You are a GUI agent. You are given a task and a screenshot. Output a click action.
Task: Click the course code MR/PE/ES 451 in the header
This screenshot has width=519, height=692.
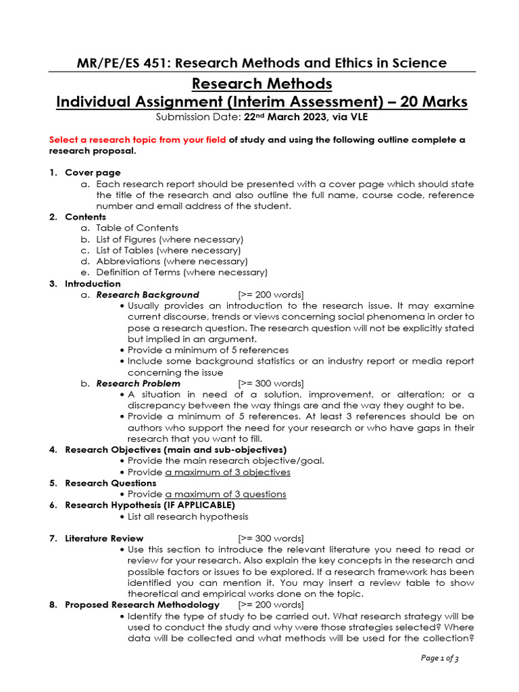[x=116, y=63]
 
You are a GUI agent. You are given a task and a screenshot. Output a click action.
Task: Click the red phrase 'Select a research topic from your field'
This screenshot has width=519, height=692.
[x=137, y=139]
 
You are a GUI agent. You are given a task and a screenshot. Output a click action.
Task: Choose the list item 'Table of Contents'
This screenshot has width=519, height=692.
[x=137, y=228]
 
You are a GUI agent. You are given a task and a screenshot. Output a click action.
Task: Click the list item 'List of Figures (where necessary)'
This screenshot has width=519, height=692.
[x=170, y=239]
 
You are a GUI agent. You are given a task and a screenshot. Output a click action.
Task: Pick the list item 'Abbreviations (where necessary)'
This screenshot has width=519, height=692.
[x=172, y=261]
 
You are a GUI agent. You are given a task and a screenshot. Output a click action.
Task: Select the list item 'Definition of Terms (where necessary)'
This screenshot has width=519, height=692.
[x=182, y=272]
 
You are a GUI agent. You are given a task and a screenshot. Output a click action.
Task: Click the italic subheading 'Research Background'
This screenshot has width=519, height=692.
[x=147, y=295]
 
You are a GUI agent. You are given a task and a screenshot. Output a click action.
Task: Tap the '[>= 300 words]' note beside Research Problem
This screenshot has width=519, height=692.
[x=271, y=383]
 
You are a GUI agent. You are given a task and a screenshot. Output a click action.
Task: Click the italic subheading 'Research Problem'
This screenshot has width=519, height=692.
[x=138, y=383]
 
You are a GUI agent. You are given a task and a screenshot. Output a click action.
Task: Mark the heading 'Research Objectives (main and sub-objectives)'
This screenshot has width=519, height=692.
[x=176, y=449]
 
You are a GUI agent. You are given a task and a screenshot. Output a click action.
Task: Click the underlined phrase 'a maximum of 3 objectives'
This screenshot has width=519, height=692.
[x=228, y=472]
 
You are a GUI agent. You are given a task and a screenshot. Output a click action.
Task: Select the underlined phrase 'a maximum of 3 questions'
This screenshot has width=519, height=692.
[x=226, y=494]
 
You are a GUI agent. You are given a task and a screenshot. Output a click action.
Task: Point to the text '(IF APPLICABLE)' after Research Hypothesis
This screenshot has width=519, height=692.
[x=201, y=505]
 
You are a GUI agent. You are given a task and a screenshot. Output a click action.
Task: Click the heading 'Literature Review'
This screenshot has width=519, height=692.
[x=104, y=538]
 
